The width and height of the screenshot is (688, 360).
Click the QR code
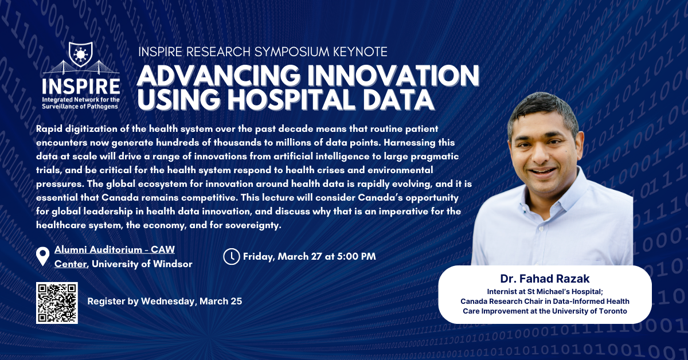click(x=57, y=303)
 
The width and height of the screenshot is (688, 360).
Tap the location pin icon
click(x=42, y=256)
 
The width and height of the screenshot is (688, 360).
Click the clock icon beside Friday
click(x=231, y=256)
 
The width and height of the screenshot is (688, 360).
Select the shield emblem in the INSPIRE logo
click(x=80, y=54)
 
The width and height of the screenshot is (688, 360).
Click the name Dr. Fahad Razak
click(x=545, y=279)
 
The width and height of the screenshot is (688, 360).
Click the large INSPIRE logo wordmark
click(x=81, y=87)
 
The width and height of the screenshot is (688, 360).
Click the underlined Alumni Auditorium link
click(x=115, y=256)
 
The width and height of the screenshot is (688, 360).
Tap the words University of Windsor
click(x=142, y=264)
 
